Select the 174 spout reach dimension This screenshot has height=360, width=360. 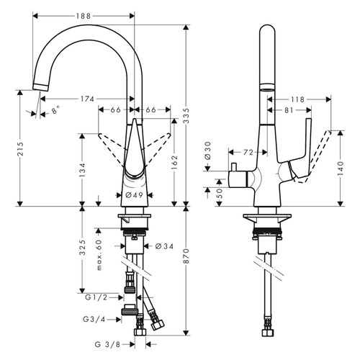tap(86, 98)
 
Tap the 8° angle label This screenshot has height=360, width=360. tap(55, 112)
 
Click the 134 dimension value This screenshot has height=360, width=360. tap(83, 170)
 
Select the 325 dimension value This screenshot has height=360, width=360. tap(83, 249)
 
